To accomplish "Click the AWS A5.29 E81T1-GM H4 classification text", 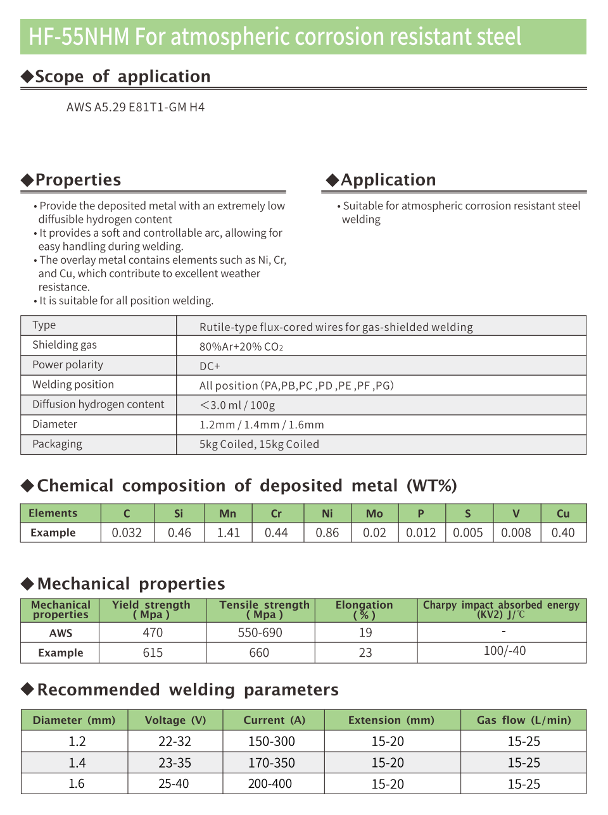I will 136,108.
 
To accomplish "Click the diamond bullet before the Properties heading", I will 27,180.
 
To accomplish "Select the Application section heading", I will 388,180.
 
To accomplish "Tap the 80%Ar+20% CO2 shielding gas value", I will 241,347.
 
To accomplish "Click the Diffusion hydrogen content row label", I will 98,404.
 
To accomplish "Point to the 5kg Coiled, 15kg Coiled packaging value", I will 259,444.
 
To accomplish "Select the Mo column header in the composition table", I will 374,514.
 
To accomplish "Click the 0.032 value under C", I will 127,533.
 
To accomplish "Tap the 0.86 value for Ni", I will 327,533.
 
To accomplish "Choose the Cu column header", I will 563,514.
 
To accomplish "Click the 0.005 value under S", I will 468,533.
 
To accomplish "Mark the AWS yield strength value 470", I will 153,633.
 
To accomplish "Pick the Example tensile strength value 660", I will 259,653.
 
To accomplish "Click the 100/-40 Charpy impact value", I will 505,651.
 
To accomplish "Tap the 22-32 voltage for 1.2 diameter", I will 175,742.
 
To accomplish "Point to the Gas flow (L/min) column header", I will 524,720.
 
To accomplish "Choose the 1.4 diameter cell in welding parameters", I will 77,763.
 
